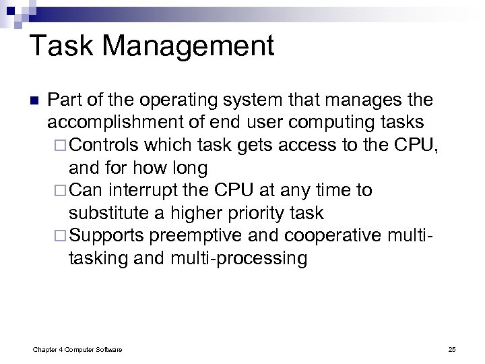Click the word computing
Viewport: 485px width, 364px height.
coord(331,123)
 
